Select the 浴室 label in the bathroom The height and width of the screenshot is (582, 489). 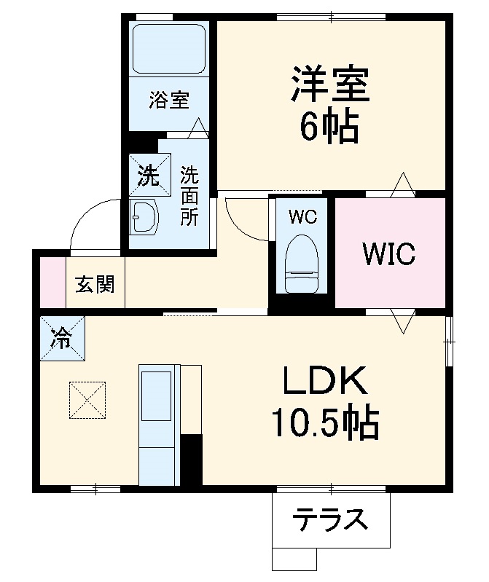pyautogui.click(x=169, y=100)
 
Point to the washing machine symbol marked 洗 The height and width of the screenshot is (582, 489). pyautogui.click(x=149, y=174)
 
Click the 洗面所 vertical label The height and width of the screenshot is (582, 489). pyautogui.click(x=189, y=196)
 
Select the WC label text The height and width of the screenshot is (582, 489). pyautogui.click(x=302, y=217)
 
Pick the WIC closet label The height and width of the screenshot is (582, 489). pyautogui.click(x=389, y=253)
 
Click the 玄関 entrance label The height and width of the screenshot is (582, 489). pyautogui.click(x=95, y=285)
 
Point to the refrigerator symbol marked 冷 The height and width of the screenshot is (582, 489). pyautogui.click(x=62, y=337)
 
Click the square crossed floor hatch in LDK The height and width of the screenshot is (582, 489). pyautogui.click(x=87, y=401)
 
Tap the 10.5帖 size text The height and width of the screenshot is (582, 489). pyautogui.click(x=325, y=423)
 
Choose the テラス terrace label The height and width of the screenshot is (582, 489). pyautogui.click(x=329, y=520)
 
